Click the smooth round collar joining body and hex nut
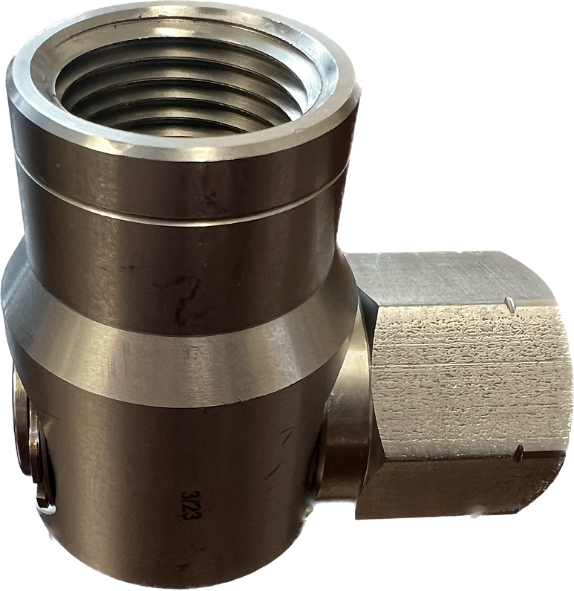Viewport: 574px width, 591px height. pyautogui.click(x=349, y=416)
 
